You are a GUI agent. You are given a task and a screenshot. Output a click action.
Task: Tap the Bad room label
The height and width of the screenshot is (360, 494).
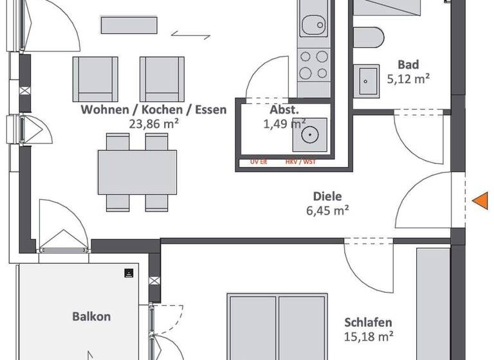408,65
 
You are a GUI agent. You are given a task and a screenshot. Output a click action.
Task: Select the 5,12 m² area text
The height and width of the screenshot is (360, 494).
408,79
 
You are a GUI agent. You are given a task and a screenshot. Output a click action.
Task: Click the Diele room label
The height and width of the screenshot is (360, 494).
327,197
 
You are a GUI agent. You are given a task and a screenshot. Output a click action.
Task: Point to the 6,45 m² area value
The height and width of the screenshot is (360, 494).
327,210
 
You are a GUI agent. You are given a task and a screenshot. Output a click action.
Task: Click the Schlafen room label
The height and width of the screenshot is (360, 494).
368,322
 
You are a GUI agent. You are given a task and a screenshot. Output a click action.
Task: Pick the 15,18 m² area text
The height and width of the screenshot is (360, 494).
368,336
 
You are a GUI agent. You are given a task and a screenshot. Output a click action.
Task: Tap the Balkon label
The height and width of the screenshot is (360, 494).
91,316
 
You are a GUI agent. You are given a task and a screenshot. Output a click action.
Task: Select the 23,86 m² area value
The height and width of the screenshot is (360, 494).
153,123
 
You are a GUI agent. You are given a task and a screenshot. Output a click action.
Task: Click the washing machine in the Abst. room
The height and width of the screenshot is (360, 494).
309,134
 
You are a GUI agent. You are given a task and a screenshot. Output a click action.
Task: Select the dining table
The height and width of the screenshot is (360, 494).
137,172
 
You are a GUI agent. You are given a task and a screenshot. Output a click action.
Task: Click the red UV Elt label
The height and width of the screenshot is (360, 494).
260,163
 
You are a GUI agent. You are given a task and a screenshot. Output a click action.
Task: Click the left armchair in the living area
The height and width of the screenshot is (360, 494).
95,78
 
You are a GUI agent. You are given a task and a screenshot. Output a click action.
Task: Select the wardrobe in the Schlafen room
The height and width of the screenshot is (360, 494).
433,302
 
